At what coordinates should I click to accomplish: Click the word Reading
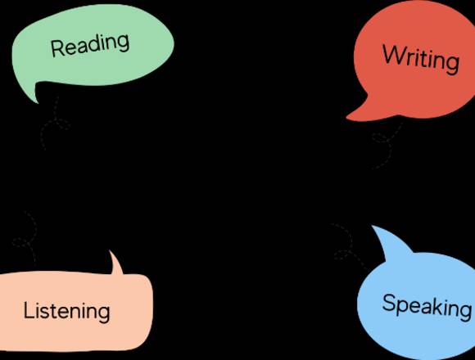90,45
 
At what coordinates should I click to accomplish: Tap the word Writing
421,59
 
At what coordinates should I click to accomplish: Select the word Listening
66,311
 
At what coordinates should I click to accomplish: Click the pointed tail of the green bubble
38,102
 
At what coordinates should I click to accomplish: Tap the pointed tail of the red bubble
347,117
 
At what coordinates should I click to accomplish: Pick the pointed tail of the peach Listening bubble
110,251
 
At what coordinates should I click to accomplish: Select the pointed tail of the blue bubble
373,226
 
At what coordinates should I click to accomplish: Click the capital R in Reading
57,48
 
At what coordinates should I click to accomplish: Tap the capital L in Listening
29,309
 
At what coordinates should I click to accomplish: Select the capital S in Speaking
389,303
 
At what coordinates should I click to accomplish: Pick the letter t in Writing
425,59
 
